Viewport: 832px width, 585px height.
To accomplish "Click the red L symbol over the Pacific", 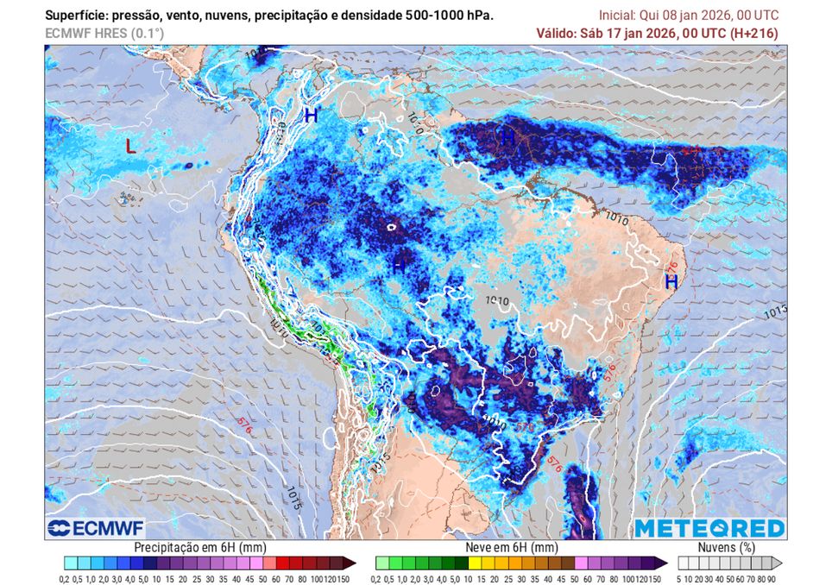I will (130, 147).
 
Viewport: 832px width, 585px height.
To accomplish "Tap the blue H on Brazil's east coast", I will (671, 281).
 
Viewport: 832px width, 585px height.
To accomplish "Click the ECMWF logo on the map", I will (97, 528).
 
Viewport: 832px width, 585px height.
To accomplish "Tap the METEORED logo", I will (709, 528).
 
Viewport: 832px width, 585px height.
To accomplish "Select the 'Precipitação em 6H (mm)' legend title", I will (200, 547).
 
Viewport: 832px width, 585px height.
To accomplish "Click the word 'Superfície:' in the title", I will (75, 16).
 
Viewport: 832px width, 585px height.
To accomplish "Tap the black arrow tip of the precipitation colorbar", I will (350, 563).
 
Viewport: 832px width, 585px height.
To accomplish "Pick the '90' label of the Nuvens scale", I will (771, 578).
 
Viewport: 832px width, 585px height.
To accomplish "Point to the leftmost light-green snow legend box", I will (381, 563).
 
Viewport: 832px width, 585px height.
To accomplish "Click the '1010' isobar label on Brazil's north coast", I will (633, 220).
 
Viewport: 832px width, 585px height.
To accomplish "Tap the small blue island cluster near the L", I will (129, 199).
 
